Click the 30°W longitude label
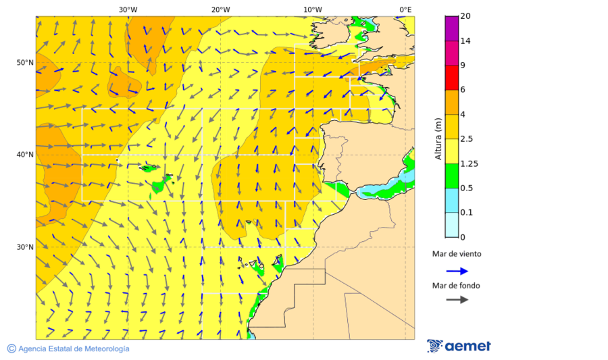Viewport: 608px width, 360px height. coord(128,9)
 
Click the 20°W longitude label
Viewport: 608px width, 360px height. coord(220,9)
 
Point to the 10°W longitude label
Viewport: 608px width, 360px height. coord(312,9)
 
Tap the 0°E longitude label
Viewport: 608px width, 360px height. coord(405,9)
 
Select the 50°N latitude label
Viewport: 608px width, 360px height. coord(25,63)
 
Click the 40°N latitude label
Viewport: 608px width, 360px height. coord(25,155)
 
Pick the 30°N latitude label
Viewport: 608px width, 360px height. coord(25,247)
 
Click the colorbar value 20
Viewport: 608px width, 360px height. coord(465,16)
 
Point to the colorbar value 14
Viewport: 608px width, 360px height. coord(465,41)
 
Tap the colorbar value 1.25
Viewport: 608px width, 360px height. coord(467,163)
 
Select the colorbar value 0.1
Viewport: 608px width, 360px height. coord(465,213)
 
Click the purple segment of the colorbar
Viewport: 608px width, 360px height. coord(451,28)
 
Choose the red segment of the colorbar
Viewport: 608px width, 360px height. coord(451,78)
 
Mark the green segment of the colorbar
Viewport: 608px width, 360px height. coord(451,176)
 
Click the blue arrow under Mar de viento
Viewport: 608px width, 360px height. coord(457,271)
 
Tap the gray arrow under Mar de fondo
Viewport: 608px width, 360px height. coord(457,299)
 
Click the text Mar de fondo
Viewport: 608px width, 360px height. coord(456,286)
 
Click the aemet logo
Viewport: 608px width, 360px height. coord(459,346)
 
